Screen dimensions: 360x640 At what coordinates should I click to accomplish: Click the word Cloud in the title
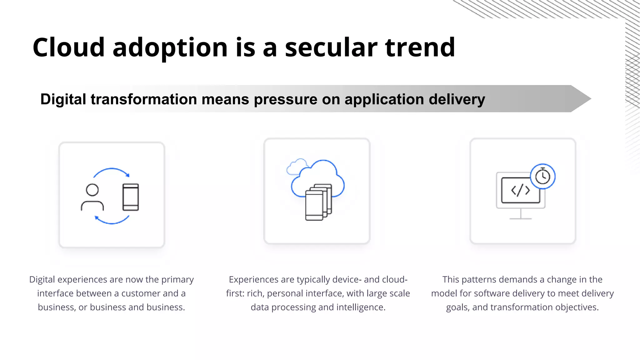tap(68, 47)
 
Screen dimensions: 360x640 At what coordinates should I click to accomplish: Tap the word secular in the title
tap(331, 47)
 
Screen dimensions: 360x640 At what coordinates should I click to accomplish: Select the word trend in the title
tap(420, 47)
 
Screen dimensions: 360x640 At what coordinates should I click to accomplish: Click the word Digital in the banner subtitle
tap(63, 99)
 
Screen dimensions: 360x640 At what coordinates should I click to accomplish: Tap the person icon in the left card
tap(92, 197)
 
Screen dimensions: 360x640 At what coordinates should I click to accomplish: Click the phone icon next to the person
tap(131, 197)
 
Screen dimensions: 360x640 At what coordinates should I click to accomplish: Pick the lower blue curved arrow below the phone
tap(112, 220)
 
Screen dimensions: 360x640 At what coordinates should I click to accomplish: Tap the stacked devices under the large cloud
tap(318, 202)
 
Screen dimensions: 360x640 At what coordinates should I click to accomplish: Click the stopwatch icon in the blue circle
tap(543, 177)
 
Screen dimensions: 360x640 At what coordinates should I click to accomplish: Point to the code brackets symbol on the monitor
tap(520, 190)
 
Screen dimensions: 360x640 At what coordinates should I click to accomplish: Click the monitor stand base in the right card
tap(520, 218)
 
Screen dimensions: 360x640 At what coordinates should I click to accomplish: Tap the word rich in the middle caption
tap(255, 293)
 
